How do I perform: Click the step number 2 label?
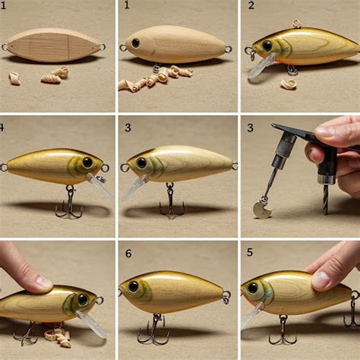251,5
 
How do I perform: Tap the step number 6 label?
128,254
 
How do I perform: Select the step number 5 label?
250,252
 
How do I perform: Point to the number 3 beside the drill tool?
250,128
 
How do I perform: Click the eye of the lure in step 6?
133,286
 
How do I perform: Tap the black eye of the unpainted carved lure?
136,43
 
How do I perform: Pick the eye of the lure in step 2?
267,46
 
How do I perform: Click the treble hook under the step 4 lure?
68,203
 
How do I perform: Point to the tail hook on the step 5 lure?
353,310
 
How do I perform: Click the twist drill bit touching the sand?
327,199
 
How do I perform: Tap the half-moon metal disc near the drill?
262,210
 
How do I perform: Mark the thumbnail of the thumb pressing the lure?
43,282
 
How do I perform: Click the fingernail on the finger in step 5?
321,280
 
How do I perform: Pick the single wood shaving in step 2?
289,84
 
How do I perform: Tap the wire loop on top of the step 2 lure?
296,24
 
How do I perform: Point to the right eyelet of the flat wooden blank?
102,47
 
